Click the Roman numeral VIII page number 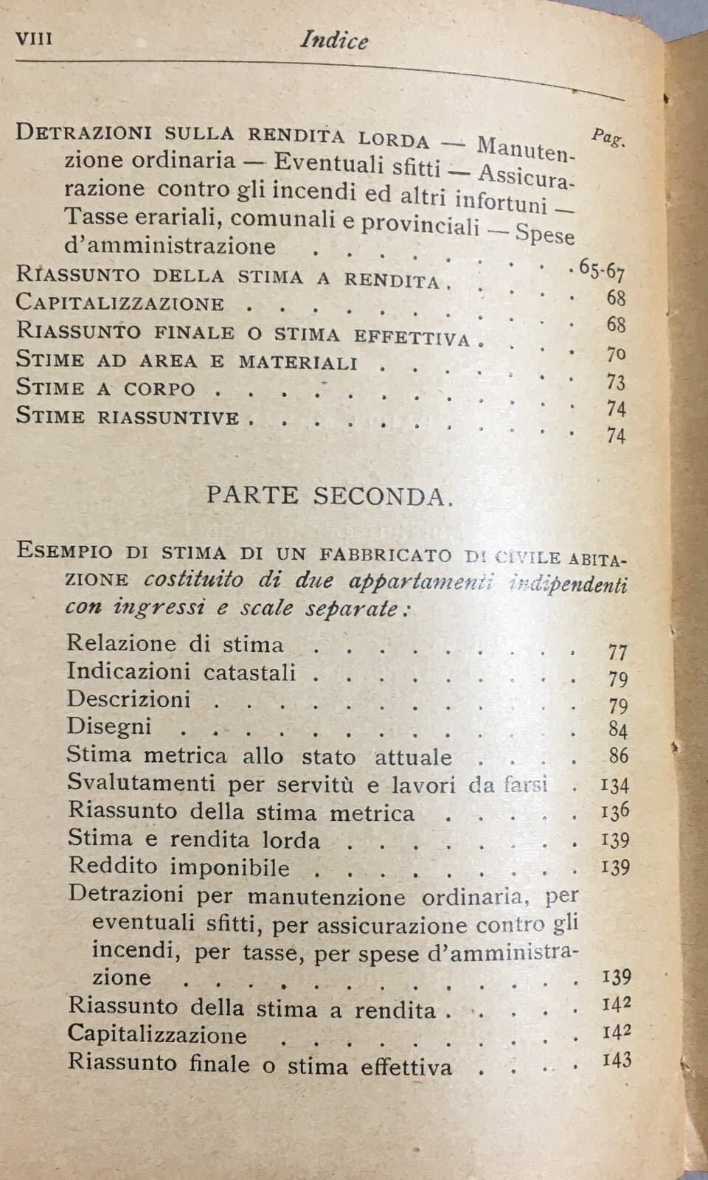[x=34, y=38]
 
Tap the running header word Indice [x=334, y=40]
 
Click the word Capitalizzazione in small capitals [x=120, y=303]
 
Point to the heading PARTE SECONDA [x=328, y=496]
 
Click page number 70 [x=616, y=355]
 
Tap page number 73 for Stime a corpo [x=616, y=382]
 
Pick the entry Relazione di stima [x=175, y=644]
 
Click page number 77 [x=617, y=652]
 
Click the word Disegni [x=109, y=726]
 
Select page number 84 [x=618, y=731]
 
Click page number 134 [x=614, y=785]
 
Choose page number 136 [x=614, y=811]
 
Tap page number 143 [x=616, y=1060]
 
